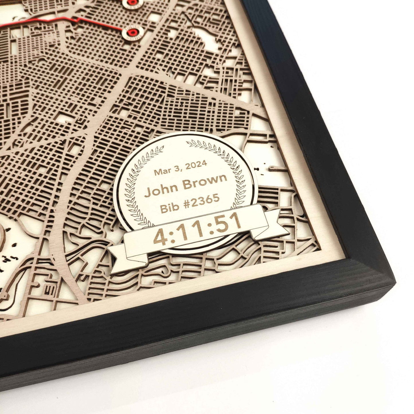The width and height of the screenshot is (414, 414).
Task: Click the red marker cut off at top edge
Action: (x=132, y=2)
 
